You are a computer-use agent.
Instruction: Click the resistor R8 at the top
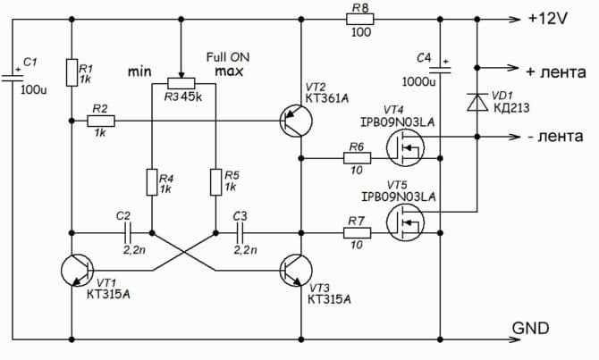pyautogui.click(x=360, y=18)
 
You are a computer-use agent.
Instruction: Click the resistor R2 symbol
pyautogui.click(x=100, y=120)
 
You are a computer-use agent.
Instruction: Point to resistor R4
pyautogui.click(x=151, y=182)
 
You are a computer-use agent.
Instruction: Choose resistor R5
pyautogui.click(x=215, y=182)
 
